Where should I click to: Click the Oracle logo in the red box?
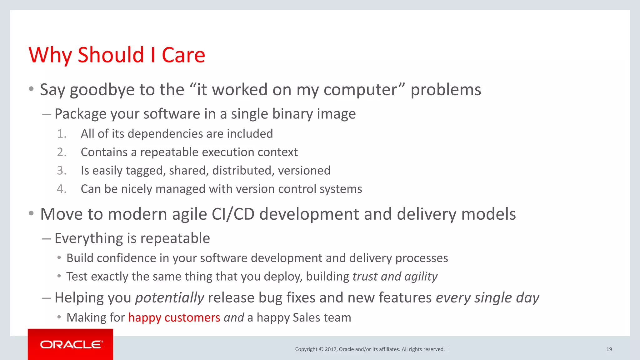coord(71,344)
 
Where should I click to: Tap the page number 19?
coord(609,349)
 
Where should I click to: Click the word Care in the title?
coord(183,55)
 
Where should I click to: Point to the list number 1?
coord(62,134)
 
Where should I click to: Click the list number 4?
coord(62,189)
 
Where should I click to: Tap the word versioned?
coord(304,171)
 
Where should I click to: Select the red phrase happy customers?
coord(174,317)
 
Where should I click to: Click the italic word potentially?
coord(170,298)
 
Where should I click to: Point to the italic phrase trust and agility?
coord(395,277)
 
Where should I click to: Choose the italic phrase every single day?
coord(487,298)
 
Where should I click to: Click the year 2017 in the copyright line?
coord(330,349)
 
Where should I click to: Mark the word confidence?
coord(131,258)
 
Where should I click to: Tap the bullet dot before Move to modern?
coord(31,214)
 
